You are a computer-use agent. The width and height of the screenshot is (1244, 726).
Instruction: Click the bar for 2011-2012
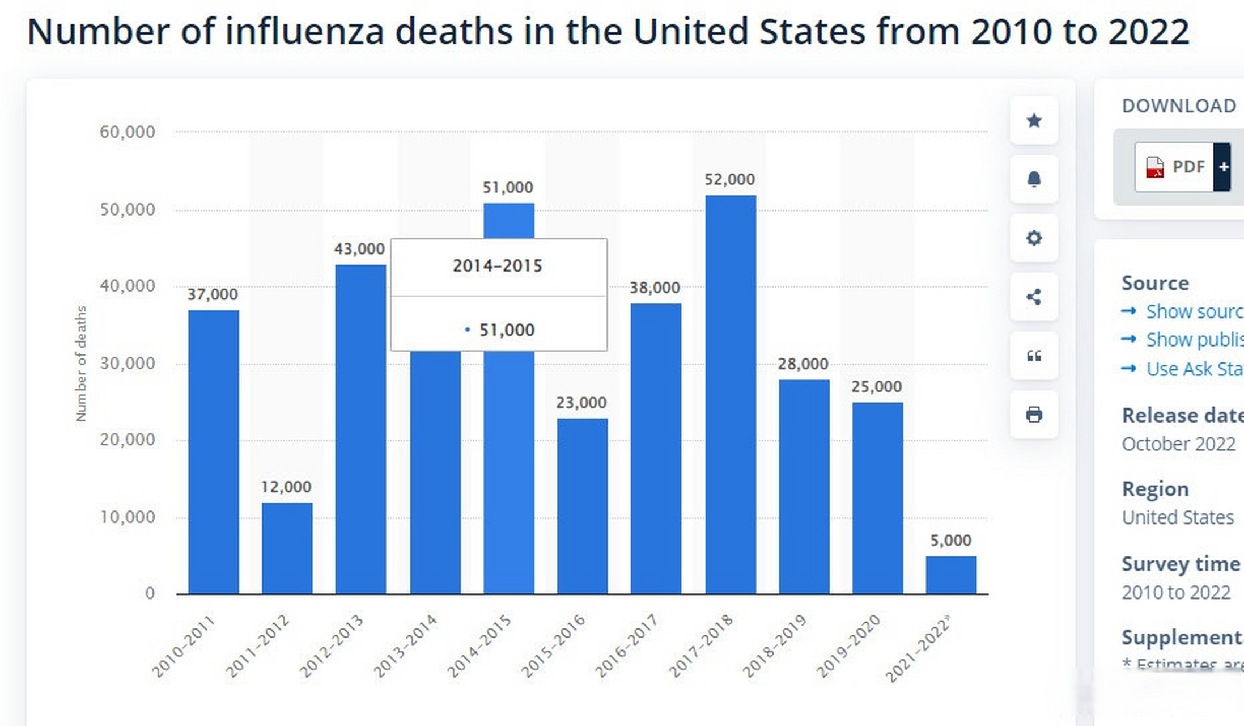[x=287, y=548]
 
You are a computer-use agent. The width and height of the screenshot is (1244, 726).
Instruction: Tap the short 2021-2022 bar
[x=950, y=575]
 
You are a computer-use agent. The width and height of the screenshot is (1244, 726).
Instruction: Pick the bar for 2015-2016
[x=582, y=506]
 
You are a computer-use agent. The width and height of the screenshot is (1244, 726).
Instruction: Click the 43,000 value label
[x=359, y=249]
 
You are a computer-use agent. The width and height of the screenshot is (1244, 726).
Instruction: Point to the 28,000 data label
[x=803, y=364]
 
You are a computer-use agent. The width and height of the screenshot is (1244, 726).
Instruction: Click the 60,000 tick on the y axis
[x=127, y=132]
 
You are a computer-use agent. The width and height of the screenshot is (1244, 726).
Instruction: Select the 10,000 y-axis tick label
[x=127, y=517]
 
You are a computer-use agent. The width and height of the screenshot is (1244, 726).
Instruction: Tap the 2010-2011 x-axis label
[x=184, y=647]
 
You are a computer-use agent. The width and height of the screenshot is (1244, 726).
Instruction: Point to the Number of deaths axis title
[x=81, y=364]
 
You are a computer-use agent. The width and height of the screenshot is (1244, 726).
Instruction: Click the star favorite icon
[x=1034, y=121]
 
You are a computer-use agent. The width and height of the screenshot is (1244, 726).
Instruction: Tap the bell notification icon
[x=1034, y=179]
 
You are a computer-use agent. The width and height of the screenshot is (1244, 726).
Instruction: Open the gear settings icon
[x=1034, y=238]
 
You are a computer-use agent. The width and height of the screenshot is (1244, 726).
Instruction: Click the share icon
[x=1034, y=297]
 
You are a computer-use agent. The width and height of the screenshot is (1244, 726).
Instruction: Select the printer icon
[x=1034, y=415]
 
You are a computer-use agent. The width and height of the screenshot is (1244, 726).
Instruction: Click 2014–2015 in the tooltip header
[x=498, y=266]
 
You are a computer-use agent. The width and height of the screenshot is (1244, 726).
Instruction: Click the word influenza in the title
[x=305, y=31]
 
